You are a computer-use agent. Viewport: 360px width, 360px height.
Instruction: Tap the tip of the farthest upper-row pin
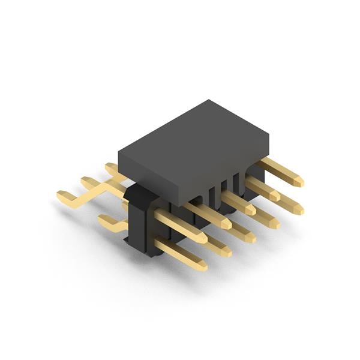(299, 179)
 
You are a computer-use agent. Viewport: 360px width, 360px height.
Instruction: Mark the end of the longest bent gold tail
(62, 195)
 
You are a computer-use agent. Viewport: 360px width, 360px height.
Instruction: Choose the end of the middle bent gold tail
(87, 181)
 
